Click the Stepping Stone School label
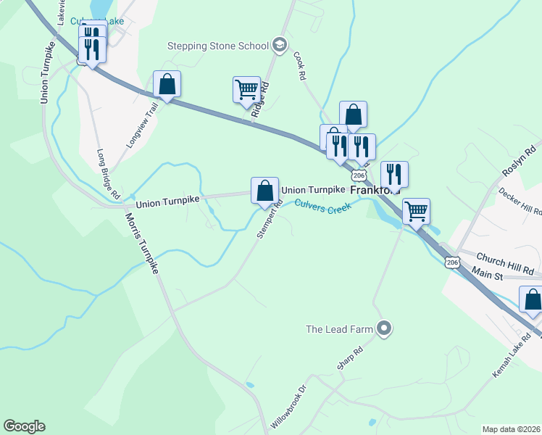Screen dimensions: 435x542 (x=218, y=46)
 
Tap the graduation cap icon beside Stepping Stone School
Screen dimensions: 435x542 (x=278, y=46)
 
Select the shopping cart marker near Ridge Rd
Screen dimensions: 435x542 (x=246, y=90)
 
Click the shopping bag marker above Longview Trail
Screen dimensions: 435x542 (x=167, y=84)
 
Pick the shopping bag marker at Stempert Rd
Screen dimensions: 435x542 (x=265, y=191)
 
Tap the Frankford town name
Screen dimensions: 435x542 (x=375, y=190)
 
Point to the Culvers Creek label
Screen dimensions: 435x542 (x=322, y=207)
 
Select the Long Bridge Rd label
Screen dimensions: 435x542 (x=108, y=175)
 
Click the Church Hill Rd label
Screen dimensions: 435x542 (x=505, y=262)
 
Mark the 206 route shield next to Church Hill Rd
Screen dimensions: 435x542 (x=453, y=262)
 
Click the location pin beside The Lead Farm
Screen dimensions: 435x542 (x=385, y=329)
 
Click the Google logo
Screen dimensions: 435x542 (x=24, y=426)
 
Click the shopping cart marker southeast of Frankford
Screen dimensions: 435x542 (x=416, y=212)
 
